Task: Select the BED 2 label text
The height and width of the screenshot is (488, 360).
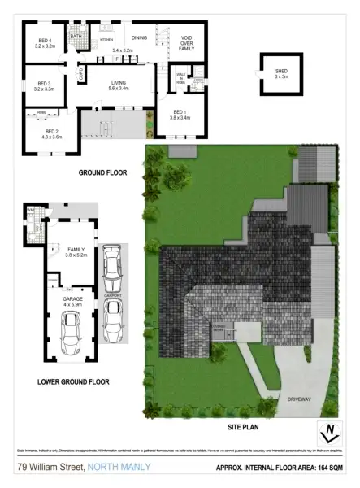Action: (x=52, y=134)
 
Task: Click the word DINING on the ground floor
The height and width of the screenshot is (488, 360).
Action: (x=139, y=37)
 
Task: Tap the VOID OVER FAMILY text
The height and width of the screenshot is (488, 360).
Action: (x=185, y=46)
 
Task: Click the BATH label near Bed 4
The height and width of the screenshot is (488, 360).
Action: (x=76, y=36)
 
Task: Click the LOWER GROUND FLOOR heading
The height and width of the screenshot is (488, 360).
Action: (x=74, y=381)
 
